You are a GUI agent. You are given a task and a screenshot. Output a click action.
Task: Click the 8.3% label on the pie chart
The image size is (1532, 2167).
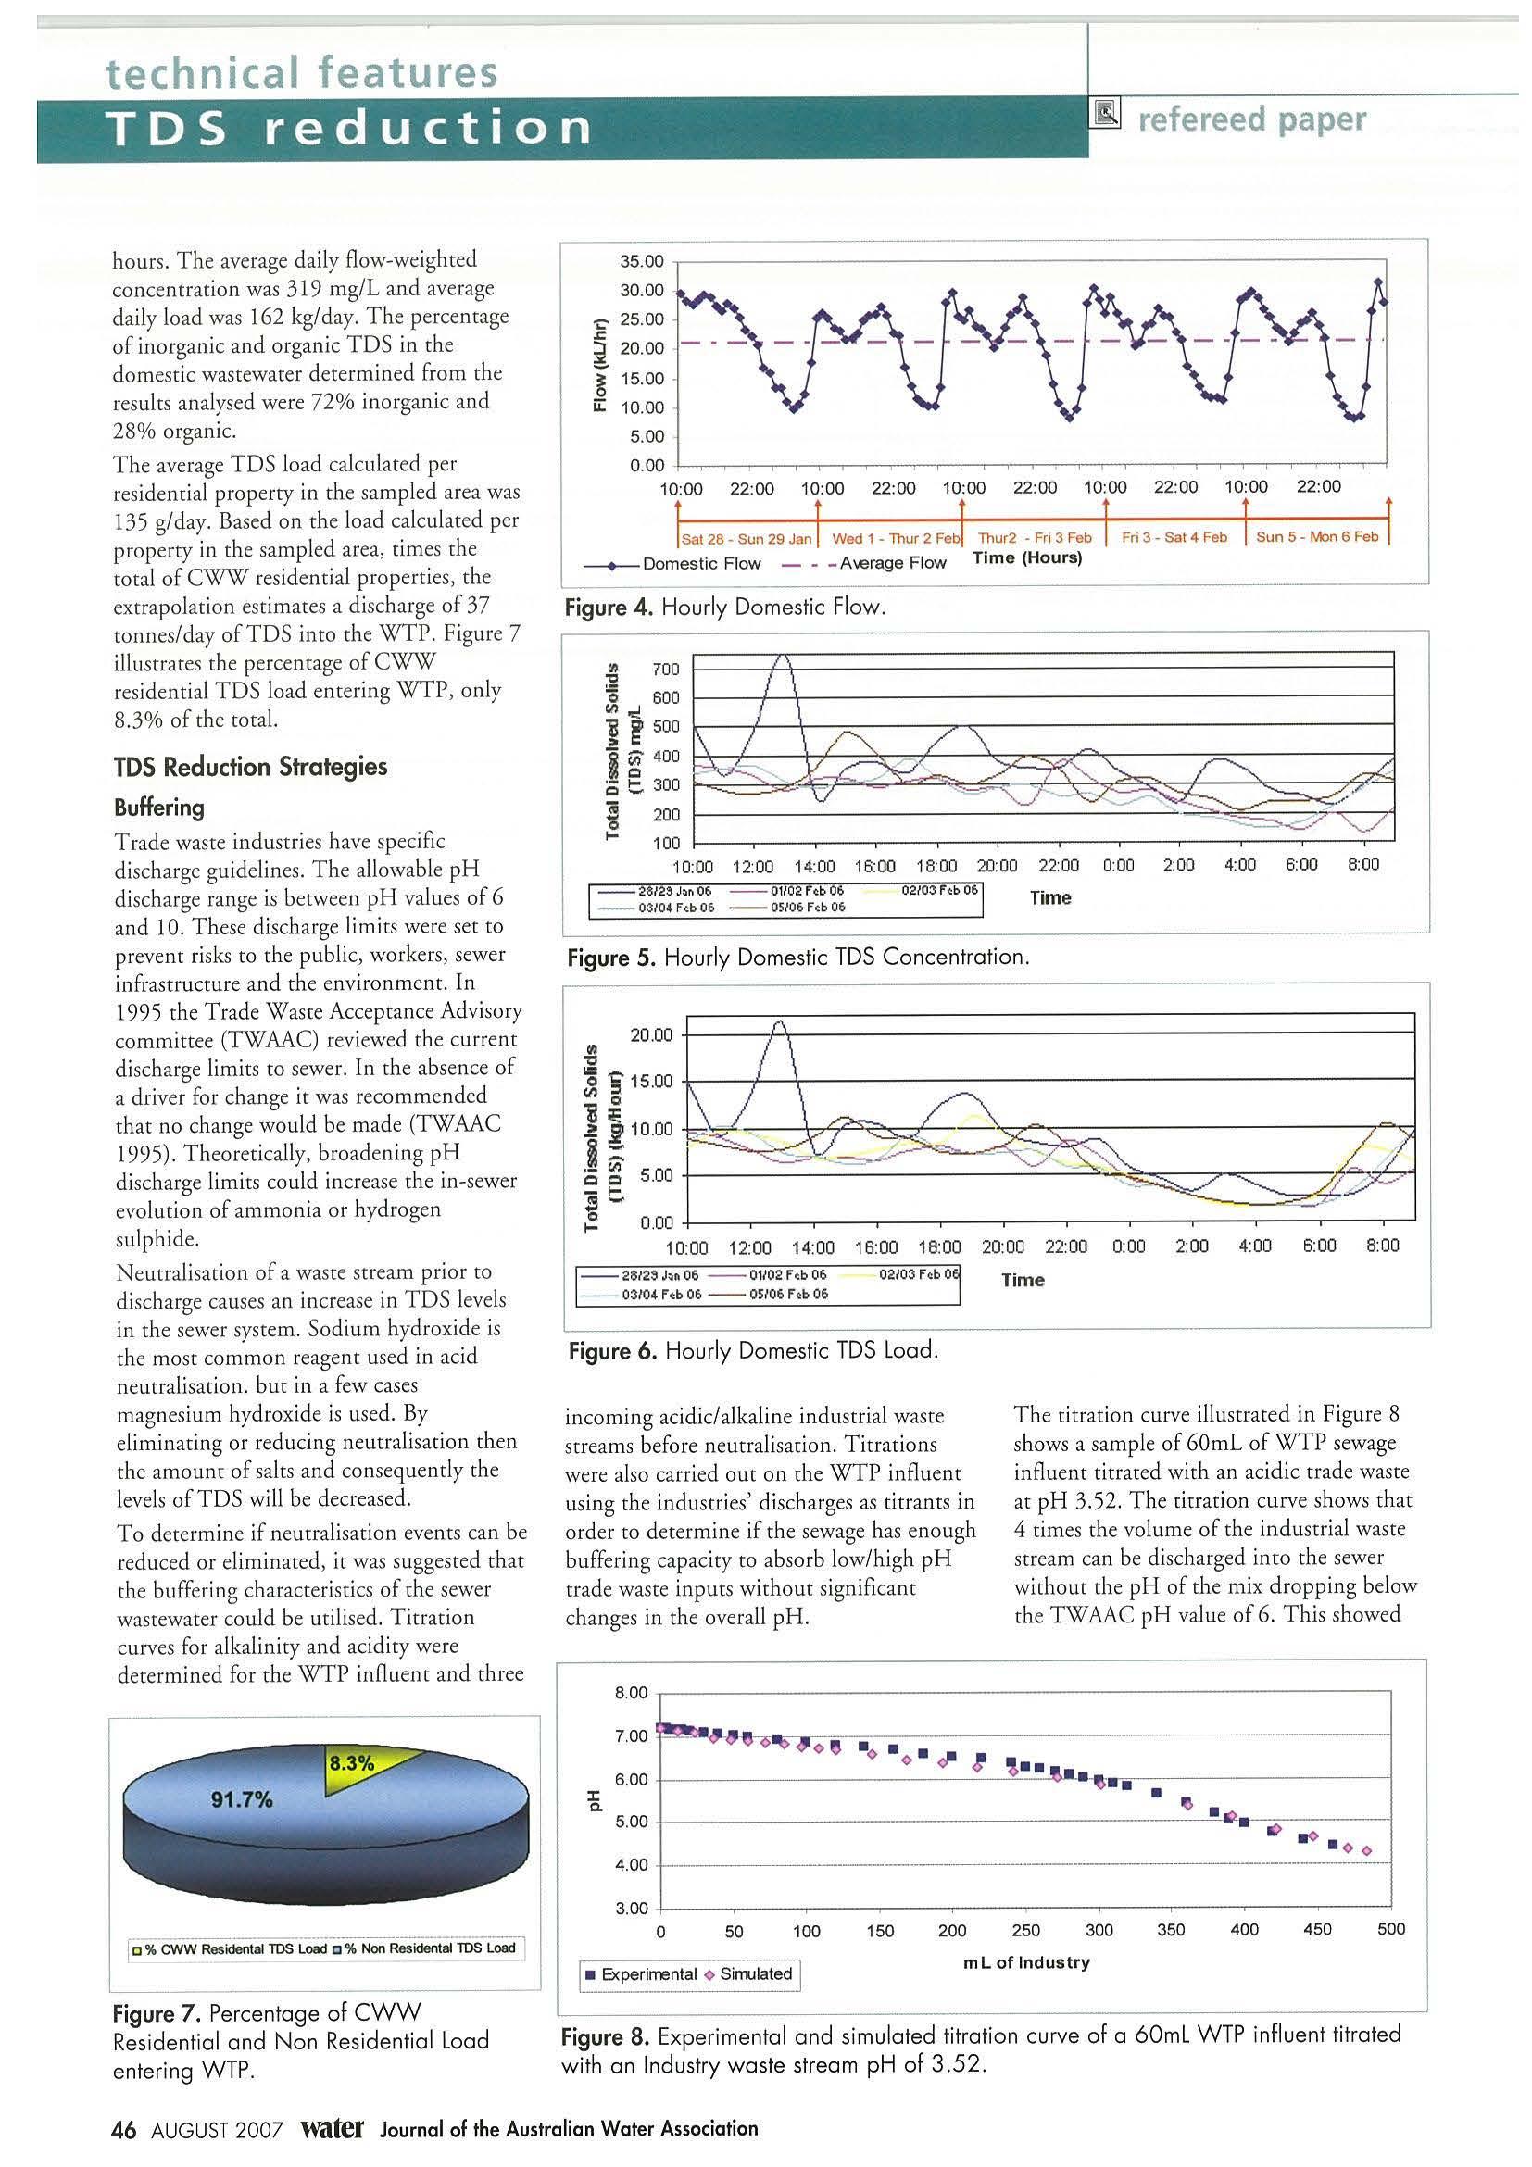[x=351, y=1762]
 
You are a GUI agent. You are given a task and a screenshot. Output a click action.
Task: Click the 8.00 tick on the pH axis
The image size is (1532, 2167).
[x=632, y=1693]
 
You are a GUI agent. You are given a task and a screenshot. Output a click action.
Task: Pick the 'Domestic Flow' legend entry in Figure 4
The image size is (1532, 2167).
[x=699, y=563]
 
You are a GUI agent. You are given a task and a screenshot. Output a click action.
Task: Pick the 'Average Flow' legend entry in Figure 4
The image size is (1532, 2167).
[x=891, y=563]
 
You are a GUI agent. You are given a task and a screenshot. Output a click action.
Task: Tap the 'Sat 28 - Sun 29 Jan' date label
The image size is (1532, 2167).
[x=746, y=538]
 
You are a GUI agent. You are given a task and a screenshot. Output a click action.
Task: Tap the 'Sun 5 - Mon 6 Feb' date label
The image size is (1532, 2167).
[x=1317, y=537]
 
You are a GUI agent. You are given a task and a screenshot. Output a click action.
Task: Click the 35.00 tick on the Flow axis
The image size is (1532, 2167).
[x=641, y=261]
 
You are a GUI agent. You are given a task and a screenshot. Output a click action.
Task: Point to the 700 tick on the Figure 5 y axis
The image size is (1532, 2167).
[x=665, y=670]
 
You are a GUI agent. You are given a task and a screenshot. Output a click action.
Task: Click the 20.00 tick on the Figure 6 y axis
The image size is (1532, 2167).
[x=651, y=1035]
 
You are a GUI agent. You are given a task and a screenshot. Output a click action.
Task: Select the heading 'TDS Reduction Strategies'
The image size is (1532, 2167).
[x=250, y=767]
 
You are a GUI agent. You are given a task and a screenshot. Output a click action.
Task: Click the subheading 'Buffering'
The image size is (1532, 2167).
[x=158, y=808]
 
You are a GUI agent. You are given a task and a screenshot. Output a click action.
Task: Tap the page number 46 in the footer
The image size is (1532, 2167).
[x=124, y=2130]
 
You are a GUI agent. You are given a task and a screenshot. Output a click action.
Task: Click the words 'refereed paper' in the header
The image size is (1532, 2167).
[x=1251, y=119]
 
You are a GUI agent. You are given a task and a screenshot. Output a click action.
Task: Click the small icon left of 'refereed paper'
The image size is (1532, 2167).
[x=1105, y=114]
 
